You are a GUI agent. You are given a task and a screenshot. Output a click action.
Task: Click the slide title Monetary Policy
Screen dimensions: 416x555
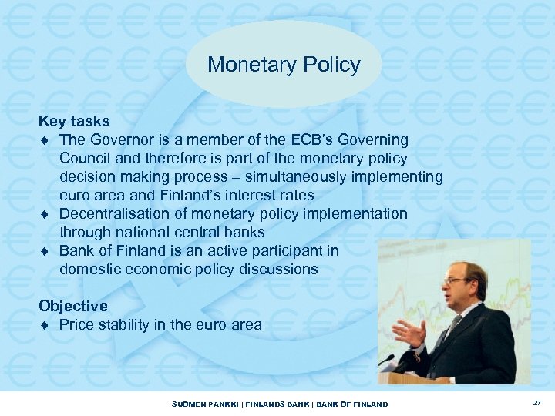coord(284,65)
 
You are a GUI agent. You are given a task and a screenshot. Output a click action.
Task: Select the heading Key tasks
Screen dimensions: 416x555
coord(74,122)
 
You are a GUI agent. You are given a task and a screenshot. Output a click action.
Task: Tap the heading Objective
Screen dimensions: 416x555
coord(73,307)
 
